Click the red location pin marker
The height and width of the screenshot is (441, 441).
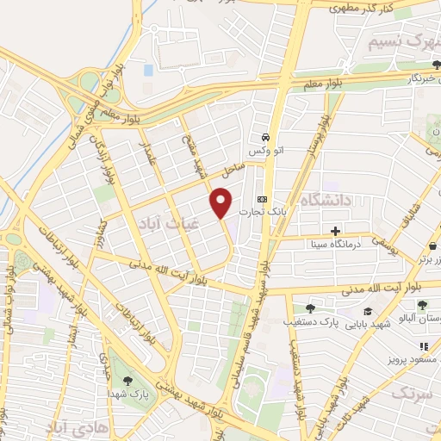(x=221, y=203)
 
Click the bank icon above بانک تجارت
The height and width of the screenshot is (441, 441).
(x=263, y=199)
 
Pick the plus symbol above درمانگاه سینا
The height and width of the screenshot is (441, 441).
(x=335, y=231)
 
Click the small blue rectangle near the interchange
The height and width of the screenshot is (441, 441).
(x=148, y=69)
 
